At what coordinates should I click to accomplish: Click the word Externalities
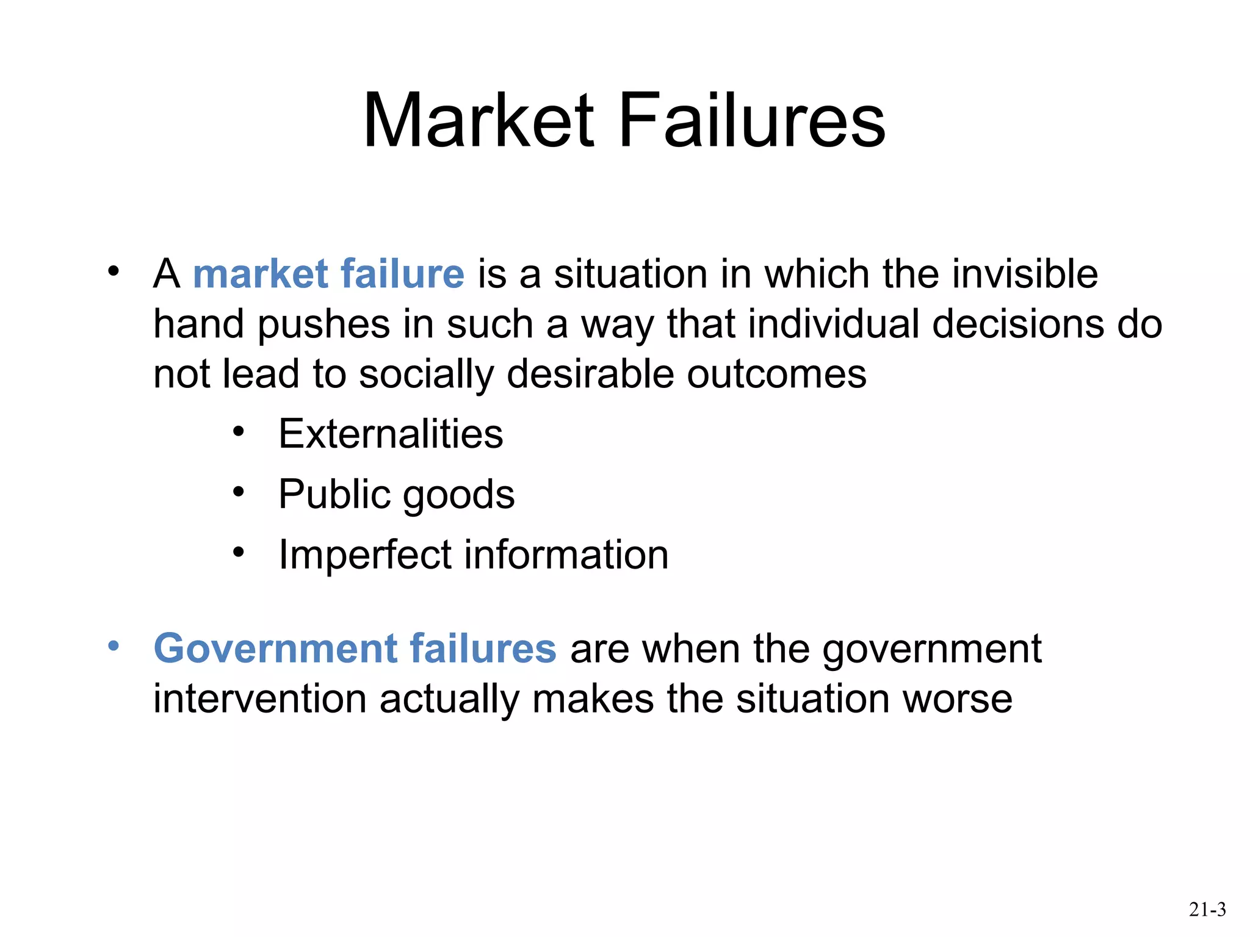click(x=391, y=434)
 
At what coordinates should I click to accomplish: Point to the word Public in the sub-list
click(x=334, y=494)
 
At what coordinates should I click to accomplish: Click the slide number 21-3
click(x=1207, y=910)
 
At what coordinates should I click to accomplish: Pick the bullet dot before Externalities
click(x=238, y=432)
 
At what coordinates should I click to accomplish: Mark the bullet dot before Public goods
click(x=238, y=492)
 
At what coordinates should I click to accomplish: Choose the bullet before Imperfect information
click(x=238, y=552)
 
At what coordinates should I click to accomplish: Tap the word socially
click(x=426, y=374)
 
